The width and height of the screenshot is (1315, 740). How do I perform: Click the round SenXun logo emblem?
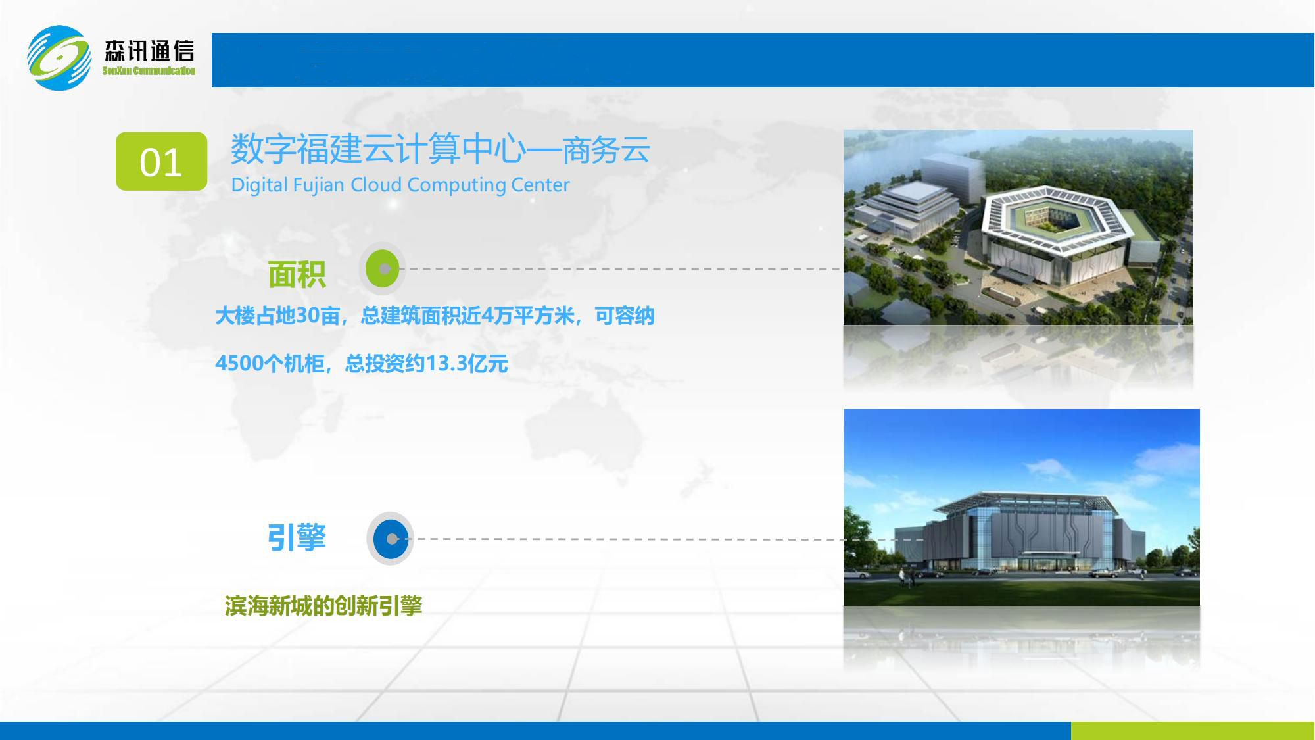(x=59, y=58)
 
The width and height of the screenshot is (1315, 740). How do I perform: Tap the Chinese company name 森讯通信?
(x=149, y=51)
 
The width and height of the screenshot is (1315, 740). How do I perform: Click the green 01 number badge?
(x=161, y=162)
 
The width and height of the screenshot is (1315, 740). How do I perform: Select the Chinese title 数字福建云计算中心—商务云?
(x=440, y=149)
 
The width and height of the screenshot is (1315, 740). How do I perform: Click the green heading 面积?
(x=297, y=274)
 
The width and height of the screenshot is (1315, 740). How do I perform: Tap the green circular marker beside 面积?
(x=383, y=268)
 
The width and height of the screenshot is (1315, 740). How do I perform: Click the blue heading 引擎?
(x=297, y=537)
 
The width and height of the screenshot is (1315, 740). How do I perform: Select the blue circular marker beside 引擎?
(x=391, y=539)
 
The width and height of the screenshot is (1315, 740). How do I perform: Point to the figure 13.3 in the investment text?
(x=447, y=364)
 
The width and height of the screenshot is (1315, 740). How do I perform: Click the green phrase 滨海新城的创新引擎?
(x=323, y=606)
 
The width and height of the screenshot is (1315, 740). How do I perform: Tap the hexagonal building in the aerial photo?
(x=1059, y=230)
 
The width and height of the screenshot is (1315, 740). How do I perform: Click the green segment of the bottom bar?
(x=1192, y=730)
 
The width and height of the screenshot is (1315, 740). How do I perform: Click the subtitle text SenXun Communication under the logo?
(x=149, y=71)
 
